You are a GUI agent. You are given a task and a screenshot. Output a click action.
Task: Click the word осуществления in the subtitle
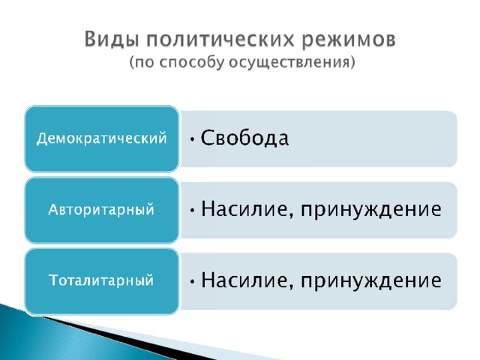pyautogui.click(x=289, y=63)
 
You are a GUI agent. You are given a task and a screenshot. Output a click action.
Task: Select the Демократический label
pyautogui.click(x=102, y=138)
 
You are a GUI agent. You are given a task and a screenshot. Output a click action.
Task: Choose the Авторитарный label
pyautogui.click(x=101, y=210)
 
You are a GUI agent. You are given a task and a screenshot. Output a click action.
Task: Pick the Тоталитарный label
pyautogui.click(x=101, y=280)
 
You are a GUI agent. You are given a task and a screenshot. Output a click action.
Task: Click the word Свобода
pyautogui.click(x=244, y=138)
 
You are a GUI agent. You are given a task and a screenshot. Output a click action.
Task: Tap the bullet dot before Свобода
pyautogui.click(x=192, y=139)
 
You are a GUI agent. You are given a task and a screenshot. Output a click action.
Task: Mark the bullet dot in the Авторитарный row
pyautogui.click(x=192, y=210)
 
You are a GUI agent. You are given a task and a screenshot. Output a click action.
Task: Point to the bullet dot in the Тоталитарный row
pyautogui.click(x=192, y=281)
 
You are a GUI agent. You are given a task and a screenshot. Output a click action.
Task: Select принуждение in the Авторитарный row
pyautogui.click(x=371, y=210)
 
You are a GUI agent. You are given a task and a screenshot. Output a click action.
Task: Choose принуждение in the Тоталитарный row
pyautogui.click(x=371, y=281)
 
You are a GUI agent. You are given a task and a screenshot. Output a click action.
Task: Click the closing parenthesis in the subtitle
pyautogui.click(x=352, y=63)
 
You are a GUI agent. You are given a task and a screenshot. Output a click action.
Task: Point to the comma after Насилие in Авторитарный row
pyautogui.click(x=291, y=216)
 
